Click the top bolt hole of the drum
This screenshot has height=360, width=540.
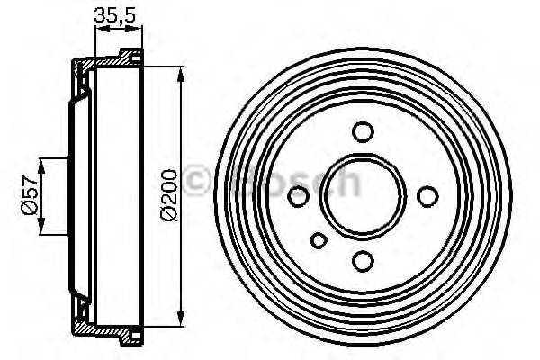click(x=363, y=132)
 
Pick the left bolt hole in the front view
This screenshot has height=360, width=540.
click(x=297, y=195)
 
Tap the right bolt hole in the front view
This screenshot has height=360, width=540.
click(x=428, y=195)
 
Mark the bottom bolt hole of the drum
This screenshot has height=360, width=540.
click(x=363, y=261)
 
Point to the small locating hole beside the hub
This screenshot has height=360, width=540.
click(x=319, y=239)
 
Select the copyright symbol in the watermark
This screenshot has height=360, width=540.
click(x=197, y=179)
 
